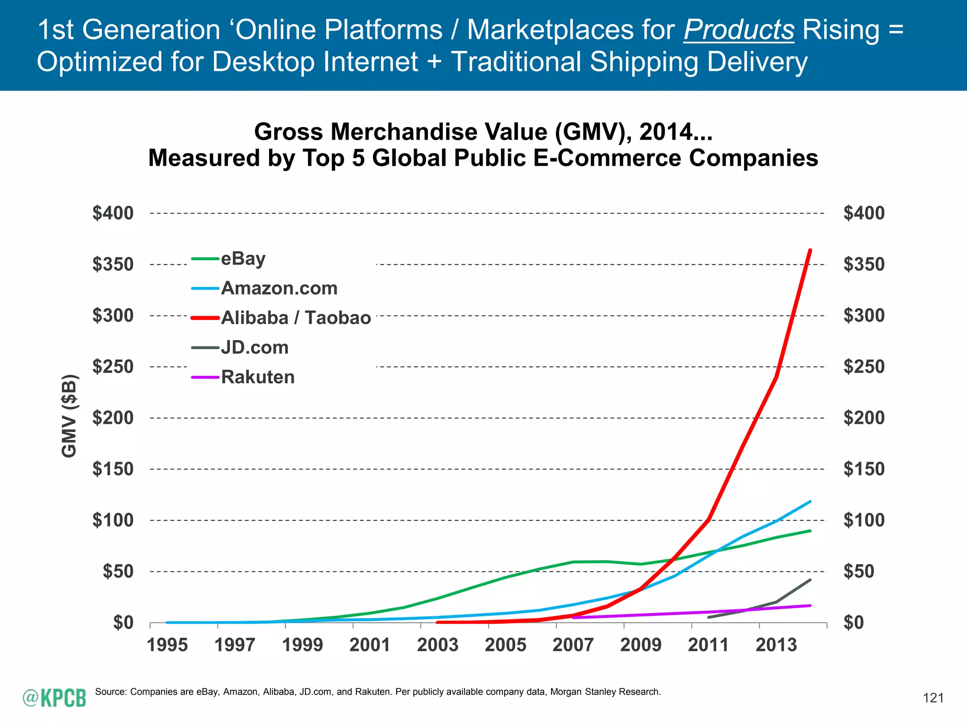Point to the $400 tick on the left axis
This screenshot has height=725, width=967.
[x=113, y=213]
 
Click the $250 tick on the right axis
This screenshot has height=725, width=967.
[x=864, y=367]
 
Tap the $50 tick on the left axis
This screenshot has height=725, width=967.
[x=118, y=572]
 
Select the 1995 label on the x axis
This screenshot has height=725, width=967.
[x=167, y=645]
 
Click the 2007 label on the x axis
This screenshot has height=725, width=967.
[x=573, y=645]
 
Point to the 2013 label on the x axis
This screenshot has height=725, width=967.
[x=776, y=645]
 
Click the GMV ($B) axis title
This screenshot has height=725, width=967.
[x=69, y=416]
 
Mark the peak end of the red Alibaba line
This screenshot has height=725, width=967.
[x=810, y=250]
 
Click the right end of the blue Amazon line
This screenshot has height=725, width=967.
[x=810, y=502]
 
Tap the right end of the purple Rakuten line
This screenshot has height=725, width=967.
[x=810, y=606]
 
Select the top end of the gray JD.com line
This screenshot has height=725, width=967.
[x=810, y=580]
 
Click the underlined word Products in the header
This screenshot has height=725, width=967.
[x=738, y=30]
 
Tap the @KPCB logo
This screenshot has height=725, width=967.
[x=54, y=698]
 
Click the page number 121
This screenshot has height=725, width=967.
[x=933, y=698]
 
